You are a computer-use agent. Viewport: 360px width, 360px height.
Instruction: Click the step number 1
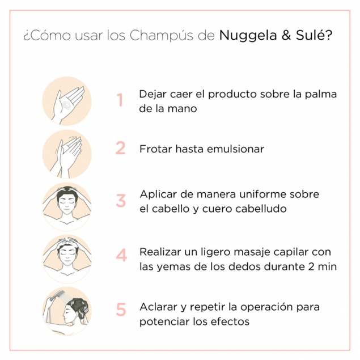(x=120, y=100)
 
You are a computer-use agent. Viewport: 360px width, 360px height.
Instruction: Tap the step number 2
(x=120, y=149)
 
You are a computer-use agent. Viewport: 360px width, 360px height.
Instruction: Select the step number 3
(x=121, y=201)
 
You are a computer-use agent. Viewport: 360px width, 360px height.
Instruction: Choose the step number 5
(x=121, y=310)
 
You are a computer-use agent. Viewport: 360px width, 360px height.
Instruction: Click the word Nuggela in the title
(x=246, y=35)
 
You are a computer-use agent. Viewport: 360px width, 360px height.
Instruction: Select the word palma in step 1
(x=321, y=94)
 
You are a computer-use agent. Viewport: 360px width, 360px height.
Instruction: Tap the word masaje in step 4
(x=255, y=251)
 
